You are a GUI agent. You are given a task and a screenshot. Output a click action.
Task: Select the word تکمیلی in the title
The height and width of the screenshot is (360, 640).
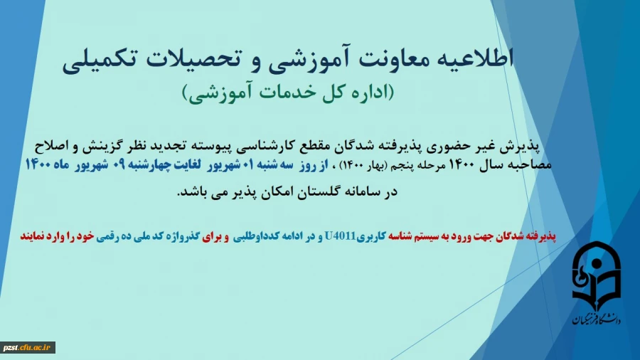(x=100, y=60)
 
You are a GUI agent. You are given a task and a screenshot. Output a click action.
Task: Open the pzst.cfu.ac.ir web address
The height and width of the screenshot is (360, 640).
(x=28, y=347)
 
